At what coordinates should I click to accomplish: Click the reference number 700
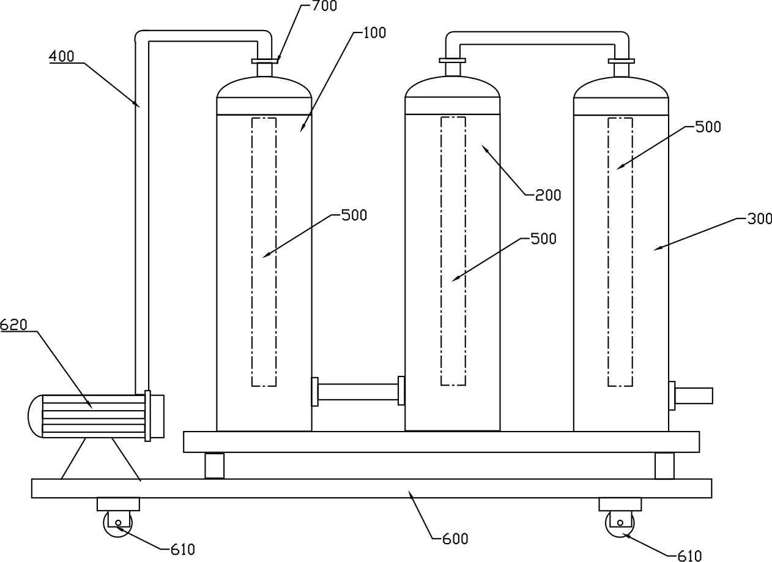point(324,7)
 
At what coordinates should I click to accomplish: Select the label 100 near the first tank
point(374,33)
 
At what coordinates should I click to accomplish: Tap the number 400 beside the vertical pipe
point(61,57)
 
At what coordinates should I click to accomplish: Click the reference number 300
point(760,219)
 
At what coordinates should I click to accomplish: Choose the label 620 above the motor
point(13,325)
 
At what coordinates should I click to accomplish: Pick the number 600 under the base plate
point(455,539)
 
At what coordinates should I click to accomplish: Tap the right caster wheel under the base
point(620,524)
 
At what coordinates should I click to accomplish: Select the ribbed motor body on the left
point(92,416)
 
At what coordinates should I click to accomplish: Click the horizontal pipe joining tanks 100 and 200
point(358,392)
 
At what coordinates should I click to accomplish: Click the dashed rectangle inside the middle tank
point(453,251)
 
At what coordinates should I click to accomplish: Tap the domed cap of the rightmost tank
point(620,89)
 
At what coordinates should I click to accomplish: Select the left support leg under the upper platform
point(214,465)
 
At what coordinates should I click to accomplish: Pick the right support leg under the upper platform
point(664,465)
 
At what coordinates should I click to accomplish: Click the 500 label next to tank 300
point(708,127)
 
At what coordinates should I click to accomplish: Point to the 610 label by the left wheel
point(182,549)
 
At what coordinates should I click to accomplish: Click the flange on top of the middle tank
point(453,60)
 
